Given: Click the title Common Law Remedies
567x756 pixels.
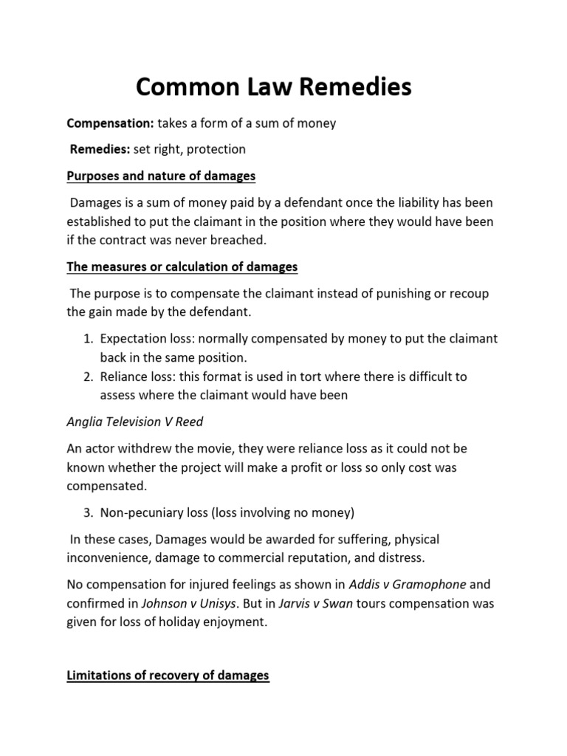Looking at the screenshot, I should coord(273,88).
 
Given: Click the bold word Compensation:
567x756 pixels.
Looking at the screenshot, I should coord(110,123).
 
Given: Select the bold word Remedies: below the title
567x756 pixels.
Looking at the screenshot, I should coord(100,149).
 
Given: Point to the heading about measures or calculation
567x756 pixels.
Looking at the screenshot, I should coord(182,266).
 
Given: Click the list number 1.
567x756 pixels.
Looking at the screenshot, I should coord(87,339).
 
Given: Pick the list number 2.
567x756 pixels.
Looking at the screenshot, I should coord(87,377).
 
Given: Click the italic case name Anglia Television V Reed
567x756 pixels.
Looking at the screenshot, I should coord(134,422).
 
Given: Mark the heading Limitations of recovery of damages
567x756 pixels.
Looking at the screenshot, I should coord(168,675).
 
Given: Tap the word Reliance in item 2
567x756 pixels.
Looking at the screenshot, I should coord(123,377).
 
